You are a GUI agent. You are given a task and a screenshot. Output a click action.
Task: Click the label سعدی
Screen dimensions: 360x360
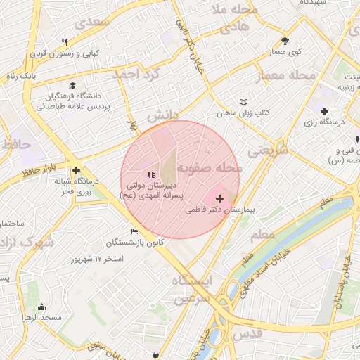(x=94, y=22)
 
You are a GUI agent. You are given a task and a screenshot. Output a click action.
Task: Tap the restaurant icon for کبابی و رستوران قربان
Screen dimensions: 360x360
(x=65, y=42)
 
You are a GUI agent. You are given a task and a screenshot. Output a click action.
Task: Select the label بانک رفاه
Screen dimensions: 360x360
(x=21, y=75)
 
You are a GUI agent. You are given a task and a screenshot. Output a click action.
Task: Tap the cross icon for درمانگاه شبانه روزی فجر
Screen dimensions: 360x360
(x=76, y=170)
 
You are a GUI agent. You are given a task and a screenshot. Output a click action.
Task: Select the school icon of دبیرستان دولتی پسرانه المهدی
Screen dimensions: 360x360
(x=149, y=174)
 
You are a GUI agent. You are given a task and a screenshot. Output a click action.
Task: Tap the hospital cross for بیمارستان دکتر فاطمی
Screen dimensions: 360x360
(x=221, y=199)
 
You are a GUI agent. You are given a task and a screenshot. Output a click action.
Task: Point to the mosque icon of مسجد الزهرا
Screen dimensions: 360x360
(x=41, y=307)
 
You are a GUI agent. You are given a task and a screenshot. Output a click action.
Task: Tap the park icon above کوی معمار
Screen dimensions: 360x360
(x=285, y=41)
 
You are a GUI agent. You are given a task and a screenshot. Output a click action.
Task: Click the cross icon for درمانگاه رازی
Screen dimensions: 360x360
(x=324, y=111)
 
